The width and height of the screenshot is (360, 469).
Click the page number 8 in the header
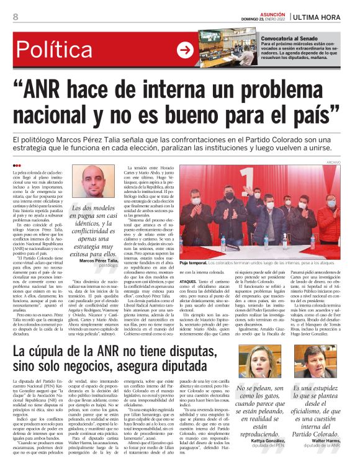(15, 17)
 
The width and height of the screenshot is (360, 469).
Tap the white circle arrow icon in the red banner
(184, 50)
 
